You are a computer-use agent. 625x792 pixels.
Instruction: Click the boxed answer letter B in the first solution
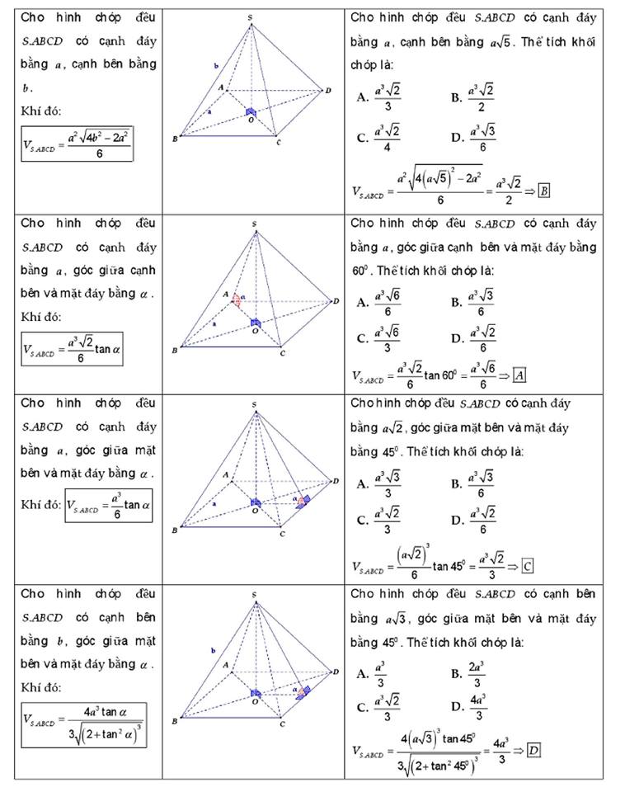point(544,191)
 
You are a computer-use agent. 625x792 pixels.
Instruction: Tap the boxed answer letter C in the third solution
point(528,566)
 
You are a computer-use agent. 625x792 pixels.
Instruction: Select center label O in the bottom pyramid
point(254,702)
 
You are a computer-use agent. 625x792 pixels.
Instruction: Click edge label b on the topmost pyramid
point(216,64)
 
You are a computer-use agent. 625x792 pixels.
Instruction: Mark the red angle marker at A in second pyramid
point(237,299)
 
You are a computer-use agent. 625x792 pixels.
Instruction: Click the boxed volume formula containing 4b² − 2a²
point(78,143)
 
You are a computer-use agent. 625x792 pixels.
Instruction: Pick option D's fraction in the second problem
point(482,336)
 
